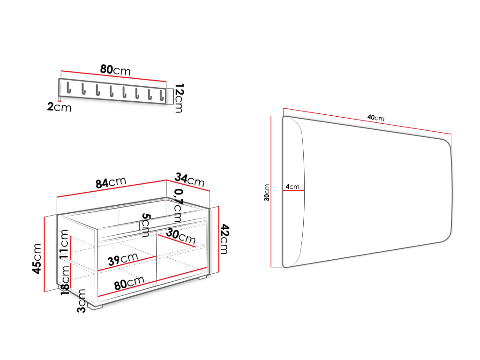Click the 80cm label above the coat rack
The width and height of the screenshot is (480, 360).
coord(115,70)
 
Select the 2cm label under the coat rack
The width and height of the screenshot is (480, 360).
coord(59,107)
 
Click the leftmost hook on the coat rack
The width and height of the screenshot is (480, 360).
coord(68,88)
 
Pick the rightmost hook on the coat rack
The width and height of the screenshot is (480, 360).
coord(162,95)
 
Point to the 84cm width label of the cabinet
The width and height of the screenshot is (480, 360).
coord(111,182)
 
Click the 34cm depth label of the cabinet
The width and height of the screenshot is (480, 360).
coord(189,180)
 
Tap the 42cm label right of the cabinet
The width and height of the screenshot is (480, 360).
coord(225,239)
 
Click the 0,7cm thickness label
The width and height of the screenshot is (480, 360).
coord(178,205)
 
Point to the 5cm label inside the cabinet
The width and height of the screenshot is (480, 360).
coord(146,225)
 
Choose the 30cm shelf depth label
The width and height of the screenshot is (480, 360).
coord(181,237)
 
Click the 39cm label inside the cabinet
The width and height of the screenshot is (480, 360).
coord(123,259)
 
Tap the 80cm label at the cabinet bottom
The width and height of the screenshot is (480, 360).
coord(129,283)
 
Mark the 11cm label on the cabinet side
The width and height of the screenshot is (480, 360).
coord(64,244)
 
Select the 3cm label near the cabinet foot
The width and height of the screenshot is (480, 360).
coord(82,300)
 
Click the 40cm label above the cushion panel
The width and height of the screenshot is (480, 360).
coord(376,118)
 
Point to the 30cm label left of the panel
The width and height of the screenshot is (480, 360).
coord(267,193)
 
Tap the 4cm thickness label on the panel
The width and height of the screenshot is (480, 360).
coord(292,187)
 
